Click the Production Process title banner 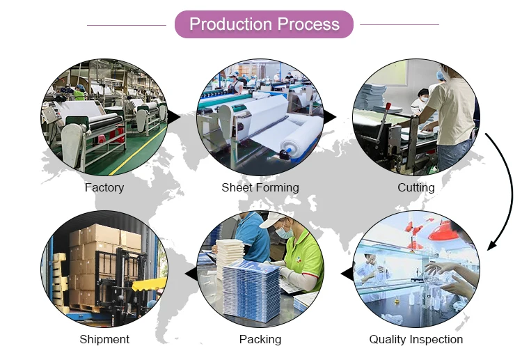(x=264, y=24)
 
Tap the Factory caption (x=104, y=187)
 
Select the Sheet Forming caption (x=260, y=187)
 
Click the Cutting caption (x=416, y=187)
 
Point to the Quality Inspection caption (x=416, y=339)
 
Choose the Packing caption (x=260, y=339)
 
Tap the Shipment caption (x=104, y=339)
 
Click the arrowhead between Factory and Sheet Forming (x=174, y=117)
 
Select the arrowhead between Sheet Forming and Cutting (x=330, y=117)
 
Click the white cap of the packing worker (x=274, y=221)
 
